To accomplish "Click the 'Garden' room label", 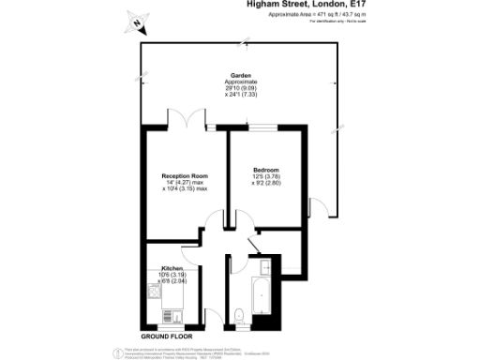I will point(240,76).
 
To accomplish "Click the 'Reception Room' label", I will point(184,175).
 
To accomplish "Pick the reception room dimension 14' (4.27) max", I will point(185,182).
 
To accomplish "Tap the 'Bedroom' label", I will point(265,169).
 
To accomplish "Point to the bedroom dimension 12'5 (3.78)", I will point(266,175).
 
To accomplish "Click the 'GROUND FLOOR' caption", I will point(166,336).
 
